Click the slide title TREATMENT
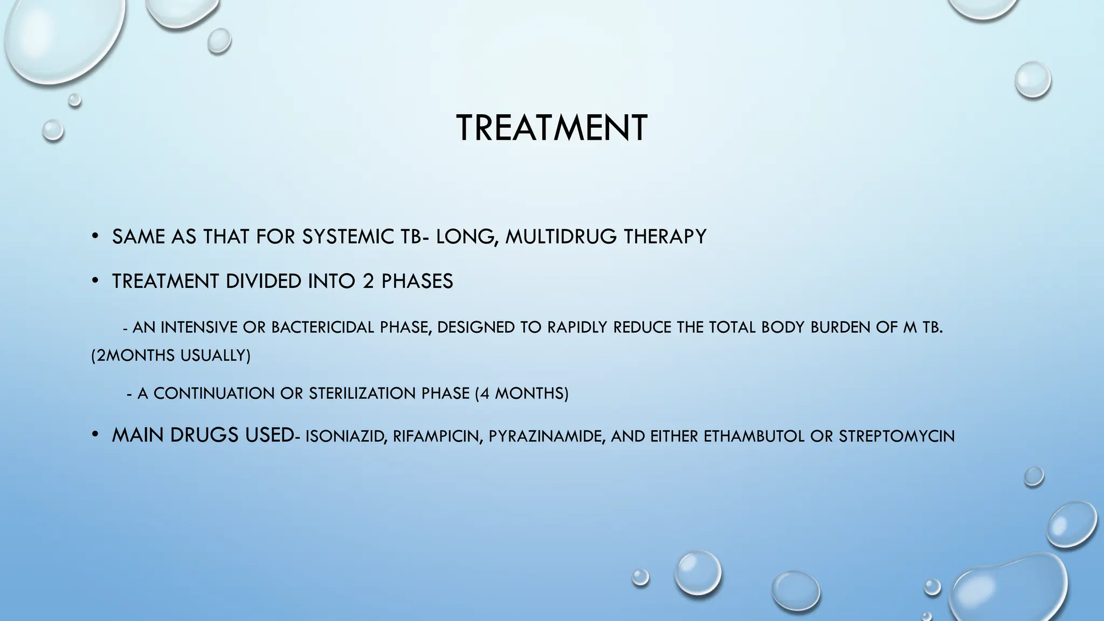pyautogui.click(x=551, y=128)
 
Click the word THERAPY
pyautogui.click(x=665, y=237)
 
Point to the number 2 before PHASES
pyautogui.click(x=368, y=281)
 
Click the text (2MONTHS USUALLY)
pyautogui.click(x=171, y=356)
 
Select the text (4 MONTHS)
pyautogui.click(x=522, y=394)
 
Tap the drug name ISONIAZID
pyautogui.click(x=346, y=436)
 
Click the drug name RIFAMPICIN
pyautogui.click(x=437, y=436)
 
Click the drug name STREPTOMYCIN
pyautogui.click(x=896, y=436)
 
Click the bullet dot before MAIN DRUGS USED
pyautogui.click(x=95, y=434)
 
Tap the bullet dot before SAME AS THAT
pyautogui.click(x=95, y=236)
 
